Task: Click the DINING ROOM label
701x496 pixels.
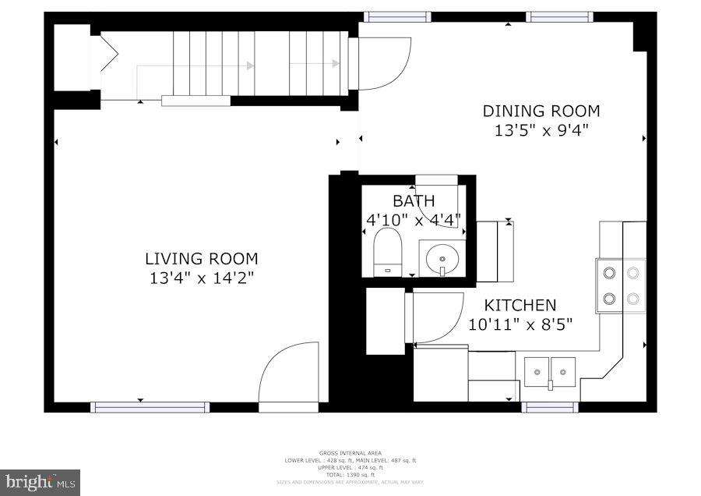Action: click(x=541, y=112)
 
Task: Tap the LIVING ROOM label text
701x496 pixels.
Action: click(x=201, y=259)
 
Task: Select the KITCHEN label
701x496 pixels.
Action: click(x=520, y=305)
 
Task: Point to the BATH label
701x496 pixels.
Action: click(x=414, y=201)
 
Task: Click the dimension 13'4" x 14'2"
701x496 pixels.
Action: click(x=201, y=278)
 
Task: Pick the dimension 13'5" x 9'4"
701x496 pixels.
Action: click(x=541, y=131)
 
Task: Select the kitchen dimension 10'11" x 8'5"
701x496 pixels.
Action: click(x=520, y=324)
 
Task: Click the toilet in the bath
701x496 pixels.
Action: click(x=386, y=252)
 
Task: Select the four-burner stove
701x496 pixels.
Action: click(x=621, y=285)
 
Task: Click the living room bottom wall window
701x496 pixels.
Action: click(x=150, y=406)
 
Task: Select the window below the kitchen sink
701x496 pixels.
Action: click(x=549, y=406)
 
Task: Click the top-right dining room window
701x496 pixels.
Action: click(x=559, y=16)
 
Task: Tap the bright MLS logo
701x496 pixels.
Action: click(x=40, y=483)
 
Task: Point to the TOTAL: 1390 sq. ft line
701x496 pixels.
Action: click(x=350, y=474)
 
